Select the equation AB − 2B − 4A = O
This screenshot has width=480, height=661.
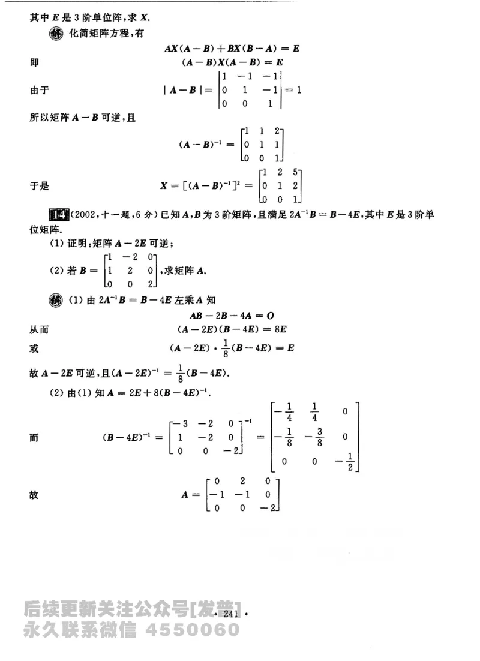231,316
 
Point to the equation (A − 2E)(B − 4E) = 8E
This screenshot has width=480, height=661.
231,329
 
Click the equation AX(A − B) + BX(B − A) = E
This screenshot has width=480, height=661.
231,48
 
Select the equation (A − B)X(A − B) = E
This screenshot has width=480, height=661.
231,62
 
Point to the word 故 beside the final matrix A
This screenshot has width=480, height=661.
34,495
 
